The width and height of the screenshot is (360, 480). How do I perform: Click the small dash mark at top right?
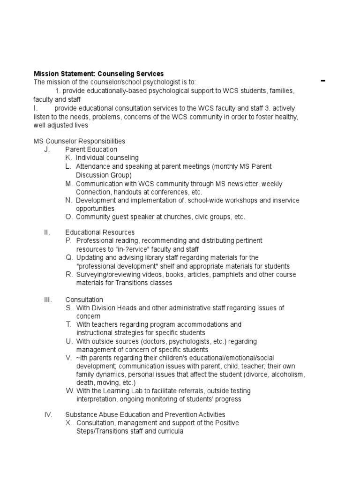point(323,81)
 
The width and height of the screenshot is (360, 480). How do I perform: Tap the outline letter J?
point(46,150)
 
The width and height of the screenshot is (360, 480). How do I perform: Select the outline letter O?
point(68,217)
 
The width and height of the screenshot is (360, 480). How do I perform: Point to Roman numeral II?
point(46,232)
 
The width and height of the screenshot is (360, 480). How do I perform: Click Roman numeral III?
point(47,300)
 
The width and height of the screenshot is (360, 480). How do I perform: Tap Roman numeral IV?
point(47,414)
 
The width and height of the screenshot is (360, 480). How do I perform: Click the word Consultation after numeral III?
point(84,300)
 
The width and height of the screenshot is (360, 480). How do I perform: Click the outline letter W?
point(70,391)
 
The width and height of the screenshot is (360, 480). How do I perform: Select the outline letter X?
point(69,423)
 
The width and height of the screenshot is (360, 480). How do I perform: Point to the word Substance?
point(80,414)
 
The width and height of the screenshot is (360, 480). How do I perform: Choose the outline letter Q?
point(68,257)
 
